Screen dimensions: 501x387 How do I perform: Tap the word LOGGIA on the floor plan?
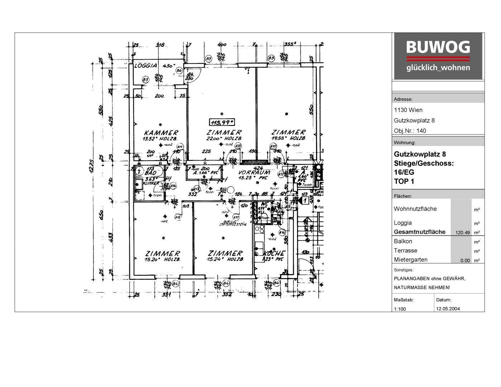(x=145, y=66)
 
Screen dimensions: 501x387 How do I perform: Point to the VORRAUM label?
(x=255, y=172)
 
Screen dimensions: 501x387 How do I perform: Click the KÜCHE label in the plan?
(x=274, y=253)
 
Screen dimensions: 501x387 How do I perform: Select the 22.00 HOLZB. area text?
(x=225, y=138)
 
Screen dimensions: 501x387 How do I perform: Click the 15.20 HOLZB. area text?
(x=162, y=259)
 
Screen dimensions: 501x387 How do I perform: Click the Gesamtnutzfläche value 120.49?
(x=462, y=233)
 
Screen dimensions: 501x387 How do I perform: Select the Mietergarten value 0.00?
(x=465, y=261)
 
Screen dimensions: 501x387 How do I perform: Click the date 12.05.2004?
(x=448, y=309)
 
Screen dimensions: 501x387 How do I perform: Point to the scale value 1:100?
(x=400, y=309)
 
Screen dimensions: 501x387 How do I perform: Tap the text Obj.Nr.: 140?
(x=410, y=131)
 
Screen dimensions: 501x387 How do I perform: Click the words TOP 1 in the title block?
(x=404, y=181)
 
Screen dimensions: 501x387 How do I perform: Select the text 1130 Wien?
(x=408, y=110)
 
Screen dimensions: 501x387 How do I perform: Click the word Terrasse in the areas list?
(x=405, y=250)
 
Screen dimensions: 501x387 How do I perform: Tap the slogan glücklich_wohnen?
(x=438, y=68)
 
